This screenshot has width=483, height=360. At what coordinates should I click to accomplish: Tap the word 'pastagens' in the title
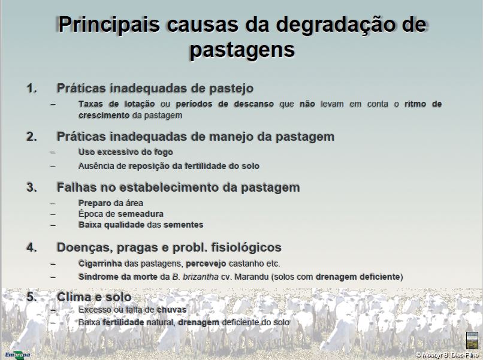pyautogui.click(x=242, y=50)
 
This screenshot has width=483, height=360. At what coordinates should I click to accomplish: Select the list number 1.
pyautogui.click(x=32, y=89)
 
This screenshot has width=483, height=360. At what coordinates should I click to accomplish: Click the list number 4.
pyautogui.click(x=32, y=247)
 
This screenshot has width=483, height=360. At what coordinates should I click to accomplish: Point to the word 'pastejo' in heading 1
pyautogui.click(x=231, y=89)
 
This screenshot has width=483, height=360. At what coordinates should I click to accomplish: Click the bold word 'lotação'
pyautogui.click(x=140, y=104)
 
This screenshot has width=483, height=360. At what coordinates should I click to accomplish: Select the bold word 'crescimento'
pyautogui.click(x=104, y=116)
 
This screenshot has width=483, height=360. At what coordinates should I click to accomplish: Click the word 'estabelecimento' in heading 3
pyautogui.click(x=169, y=187)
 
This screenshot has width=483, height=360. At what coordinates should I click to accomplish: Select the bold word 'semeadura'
pyautogui.click(x=140, y=214)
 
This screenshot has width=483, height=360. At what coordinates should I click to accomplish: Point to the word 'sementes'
pyautogui.click(x=183, y=225)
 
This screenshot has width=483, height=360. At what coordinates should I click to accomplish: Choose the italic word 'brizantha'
pyautogui.click(x=201, y=277)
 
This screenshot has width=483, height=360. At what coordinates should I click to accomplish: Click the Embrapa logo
pyautogui.click(x=17, y=355)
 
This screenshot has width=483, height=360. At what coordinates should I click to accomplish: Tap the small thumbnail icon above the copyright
pyautogui.click(x=472, y=340)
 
